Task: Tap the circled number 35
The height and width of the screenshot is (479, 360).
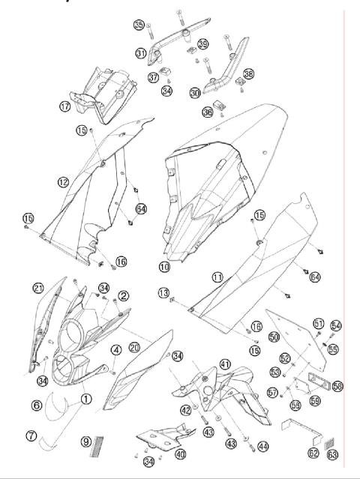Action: click(x=139, y=25)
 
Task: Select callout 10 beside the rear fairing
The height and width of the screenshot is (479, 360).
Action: click(x=163, y=266)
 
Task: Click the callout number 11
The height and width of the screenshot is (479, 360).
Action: click(x=217, y=277)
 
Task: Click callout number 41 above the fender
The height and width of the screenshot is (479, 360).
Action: click(x=224, y=363)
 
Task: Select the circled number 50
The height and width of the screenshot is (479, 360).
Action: click(x=274, y=337)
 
